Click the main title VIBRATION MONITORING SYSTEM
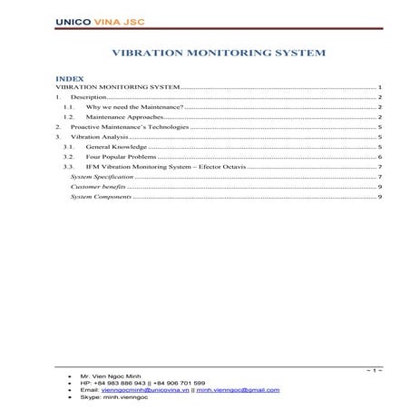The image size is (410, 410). [217, 53]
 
